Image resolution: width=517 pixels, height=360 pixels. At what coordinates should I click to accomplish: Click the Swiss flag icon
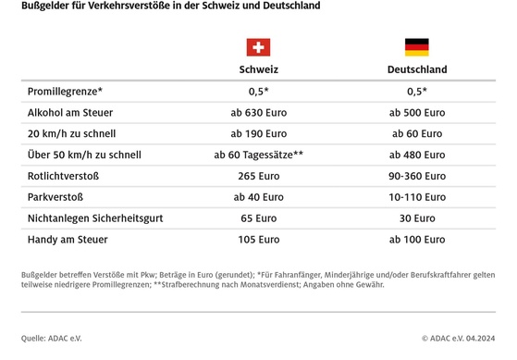coord(258,47)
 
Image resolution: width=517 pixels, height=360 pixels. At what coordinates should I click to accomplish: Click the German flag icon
coord(416,47)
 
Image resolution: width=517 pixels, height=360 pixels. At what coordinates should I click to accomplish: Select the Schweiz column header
coord(258,69)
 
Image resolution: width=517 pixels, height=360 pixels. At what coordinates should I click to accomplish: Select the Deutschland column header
coord(416,69)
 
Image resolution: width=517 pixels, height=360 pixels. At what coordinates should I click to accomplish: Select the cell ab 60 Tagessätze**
coord(259,155)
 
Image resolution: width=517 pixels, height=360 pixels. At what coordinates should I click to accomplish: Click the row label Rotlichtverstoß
coord(63,177)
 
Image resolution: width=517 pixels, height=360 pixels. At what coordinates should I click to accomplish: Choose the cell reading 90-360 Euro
coord(416,177)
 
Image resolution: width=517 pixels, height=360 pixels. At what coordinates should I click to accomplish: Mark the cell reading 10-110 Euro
coord(416,197)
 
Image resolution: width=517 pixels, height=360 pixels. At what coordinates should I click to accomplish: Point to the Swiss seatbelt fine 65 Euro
coord(258,218)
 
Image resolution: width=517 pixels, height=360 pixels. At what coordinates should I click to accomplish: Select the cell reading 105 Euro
coord(258,240)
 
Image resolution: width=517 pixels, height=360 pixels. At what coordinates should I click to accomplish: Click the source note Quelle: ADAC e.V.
coord(52,339)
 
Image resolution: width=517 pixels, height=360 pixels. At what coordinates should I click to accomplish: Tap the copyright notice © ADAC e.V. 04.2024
coord(459,339)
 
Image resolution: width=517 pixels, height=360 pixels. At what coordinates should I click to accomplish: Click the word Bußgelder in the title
coord(43,6)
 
